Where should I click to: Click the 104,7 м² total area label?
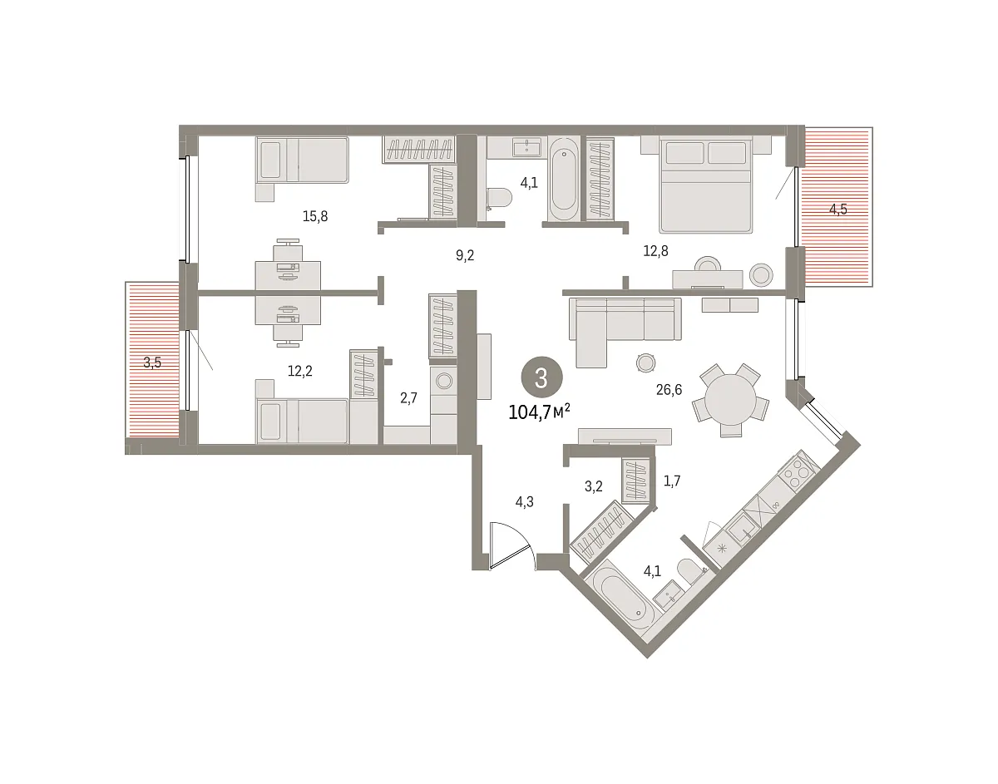539,412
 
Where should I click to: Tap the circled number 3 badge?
542,377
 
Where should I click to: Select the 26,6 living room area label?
669,390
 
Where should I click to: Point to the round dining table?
730,399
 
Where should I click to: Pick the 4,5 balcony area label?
838,210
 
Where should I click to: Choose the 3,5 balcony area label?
152,362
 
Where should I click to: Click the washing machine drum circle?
444,381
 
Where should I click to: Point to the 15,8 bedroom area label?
315,216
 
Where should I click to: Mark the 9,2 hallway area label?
465,256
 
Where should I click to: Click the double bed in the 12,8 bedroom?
705,184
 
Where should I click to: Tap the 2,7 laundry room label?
408,398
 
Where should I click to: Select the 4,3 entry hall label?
525,502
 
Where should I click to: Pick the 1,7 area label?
672,481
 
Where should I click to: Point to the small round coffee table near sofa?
645,363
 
